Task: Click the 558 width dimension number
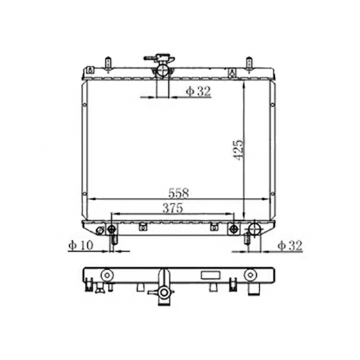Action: pyautogui.click(x=179, y=193)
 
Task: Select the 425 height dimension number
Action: pyautogui.click(x=238, y=150)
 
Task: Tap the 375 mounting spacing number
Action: pyautogui.click(x=172, y=208)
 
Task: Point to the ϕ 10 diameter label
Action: pyautogui.click(x=81, y=245)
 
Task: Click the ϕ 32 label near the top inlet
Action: pyautogui.click(x=199, y=91)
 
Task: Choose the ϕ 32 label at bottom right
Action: pyautogui.click(x=290, y=245)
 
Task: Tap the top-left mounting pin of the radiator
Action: pyautogui.click(x=108, y=64)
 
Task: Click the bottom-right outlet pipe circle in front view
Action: pyautogui.click(x=254, y=229)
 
